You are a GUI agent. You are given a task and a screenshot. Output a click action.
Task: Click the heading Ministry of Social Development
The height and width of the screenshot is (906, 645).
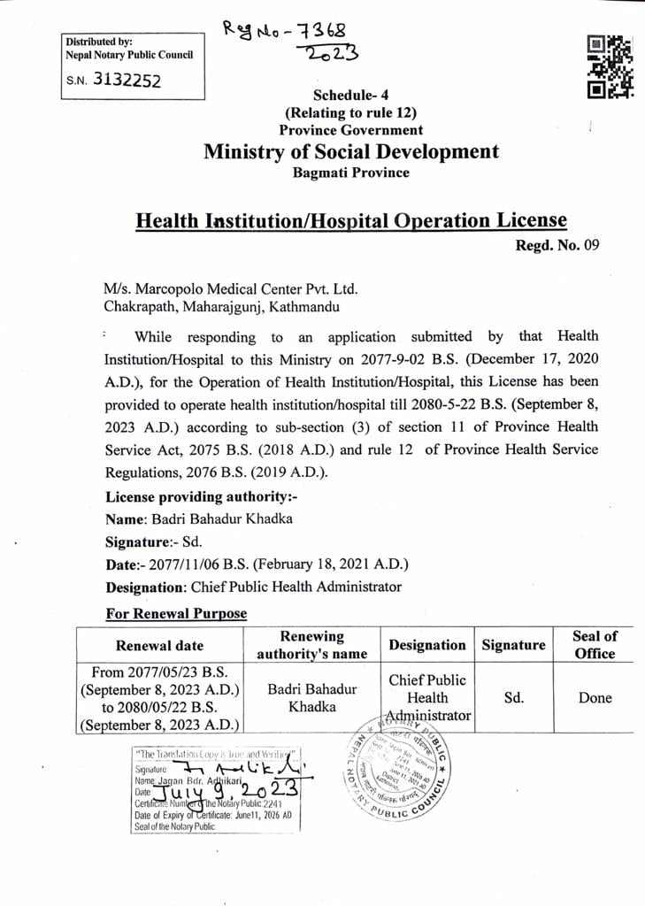pos(351,151)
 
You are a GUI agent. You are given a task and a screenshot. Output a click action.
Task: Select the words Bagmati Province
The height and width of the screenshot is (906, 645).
pos(351,173)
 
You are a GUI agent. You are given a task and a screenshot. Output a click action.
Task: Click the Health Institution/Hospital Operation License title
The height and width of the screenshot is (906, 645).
pos(351,219)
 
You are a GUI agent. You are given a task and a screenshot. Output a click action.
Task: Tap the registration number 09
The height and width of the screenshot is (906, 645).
pos(591,246)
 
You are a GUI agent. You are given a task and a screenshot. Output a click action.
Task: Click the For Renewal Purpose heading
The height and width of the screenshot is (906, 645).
pos(176,613)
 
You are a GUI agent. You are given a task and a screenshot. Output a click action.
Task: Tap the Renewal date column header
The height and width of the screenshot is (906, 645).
pos(159,645)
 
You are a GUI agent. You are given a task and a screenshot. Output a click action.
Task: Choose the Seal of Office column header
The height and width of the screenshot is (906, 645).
pos(595,645)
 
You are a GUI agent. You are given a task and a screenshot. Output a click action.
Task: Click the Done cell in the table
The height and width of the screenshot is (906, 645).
pos(595,697)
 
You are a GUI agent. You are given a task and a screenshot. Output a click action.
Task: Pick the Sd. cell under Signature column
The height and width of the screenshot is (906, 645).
pos(513,697)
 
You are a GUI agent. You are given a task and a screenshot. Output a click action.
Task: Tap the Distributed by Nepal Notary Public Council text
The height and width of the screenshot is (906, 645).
pos(129,48)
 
